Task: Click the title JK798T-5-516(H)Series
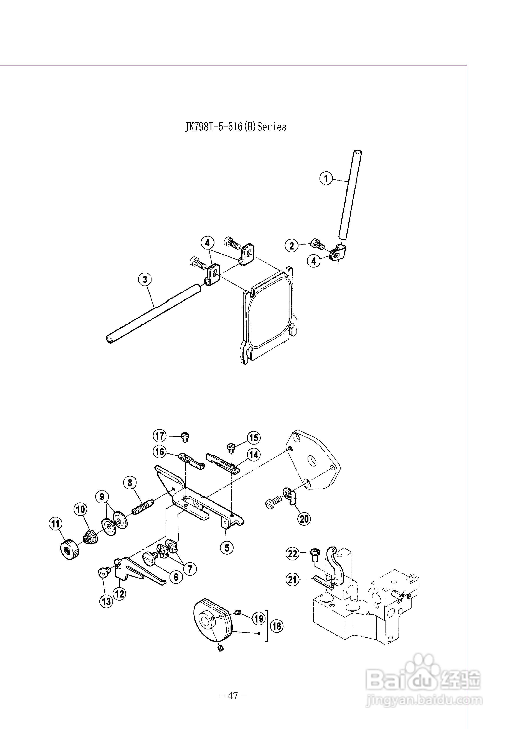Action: pyautogui.click(x=235, y=127)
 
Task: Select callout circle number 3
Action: pyautogui.click(x=145, y=279)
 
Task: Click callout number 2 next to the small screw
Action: pyautogui.click(x=292, y=245)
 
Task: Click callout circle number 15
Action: pyautogui.click(x=254, y=438)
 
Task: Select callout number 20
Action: pyautogui.click(x=304, y=519)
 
